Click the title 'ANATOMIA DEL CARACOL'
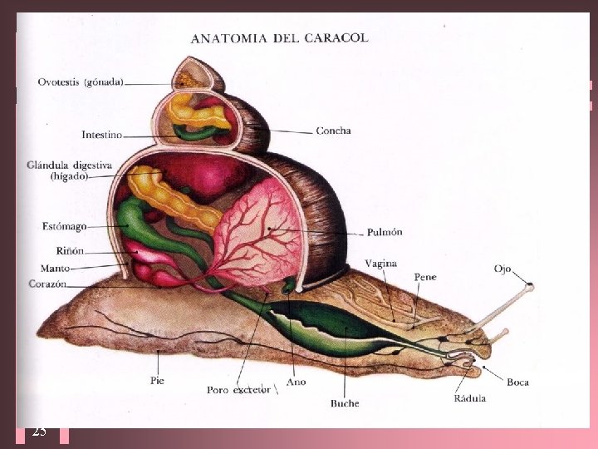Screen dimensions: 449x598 [x=279, y=37]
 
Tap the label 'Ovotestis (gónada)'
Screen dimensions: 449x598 [x=81, y=81]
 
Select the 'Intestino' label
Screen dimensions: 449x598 [x=102, y=134]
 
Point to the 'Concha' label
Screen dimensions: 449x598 [x=333, y=131]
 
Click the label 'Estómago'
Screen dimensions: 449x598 [x=64, y=225]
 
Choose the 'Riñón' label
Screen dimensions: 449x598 [x=70, y=250]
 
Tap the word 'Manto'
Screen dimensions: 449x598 [x=56, y=268]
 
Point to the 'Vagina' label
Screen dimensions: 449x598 [x=380, y=264]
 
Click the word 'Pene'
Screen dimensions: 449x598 [x=424, y=277]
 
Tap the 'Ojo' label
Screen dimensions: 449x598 [x=502, y=269]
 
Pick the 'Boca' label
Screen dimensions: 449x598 [x=517, y=382]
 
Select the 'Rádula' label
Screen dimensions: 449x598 [x=469, y=398]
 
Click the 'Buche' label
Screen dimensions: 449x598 [x=344, y=403]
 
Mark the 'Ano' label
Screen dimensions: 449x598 [x=296, y=382]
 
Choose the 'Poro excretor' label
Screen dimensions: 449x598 [x=238, y=390]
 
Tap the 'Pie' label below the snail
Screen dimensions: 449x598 [x=159, y=380]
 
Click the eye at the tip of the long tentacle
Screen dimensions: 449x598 [x=530, y=287]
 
